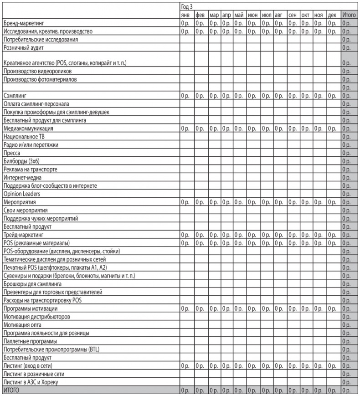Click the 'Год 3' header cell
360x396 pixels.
point(187,7)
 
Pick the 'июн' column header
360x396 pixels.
point(252,15)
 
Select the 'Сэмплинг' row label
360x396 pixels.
point(15,96)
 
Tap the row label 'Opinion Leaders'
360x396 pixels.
point(21,194)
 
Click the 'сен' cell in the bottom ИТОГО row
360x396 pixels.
point(293,390)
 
